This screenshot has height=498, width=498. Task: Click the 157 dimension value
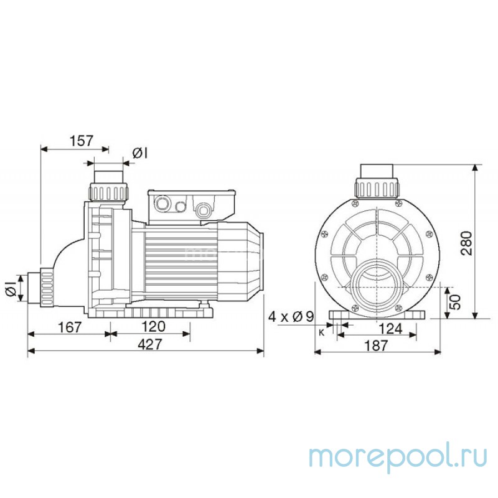[x=82, y=141]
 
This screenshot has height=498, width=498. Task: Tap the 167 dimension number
[x=70, y=327]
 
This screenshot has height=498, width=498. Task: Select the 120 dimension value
[x=153, y=326]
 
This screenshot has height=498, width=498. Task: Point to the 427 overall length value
[x=150, y=344]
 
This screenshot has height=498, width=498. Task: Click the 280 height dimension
[x=467, y=243]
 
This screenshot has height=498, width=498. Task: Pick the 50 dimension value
[x=455, y=302]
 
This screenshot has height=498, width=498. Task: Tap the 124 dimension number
[x=391, y=329]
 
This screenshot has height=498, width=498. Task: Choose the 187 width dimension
[x=376, y=345]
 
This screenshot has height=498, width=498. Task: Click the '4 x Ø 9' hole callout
[x=291, y=316]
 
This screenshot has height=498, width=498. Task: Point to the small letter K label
[x=321, y=332]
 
